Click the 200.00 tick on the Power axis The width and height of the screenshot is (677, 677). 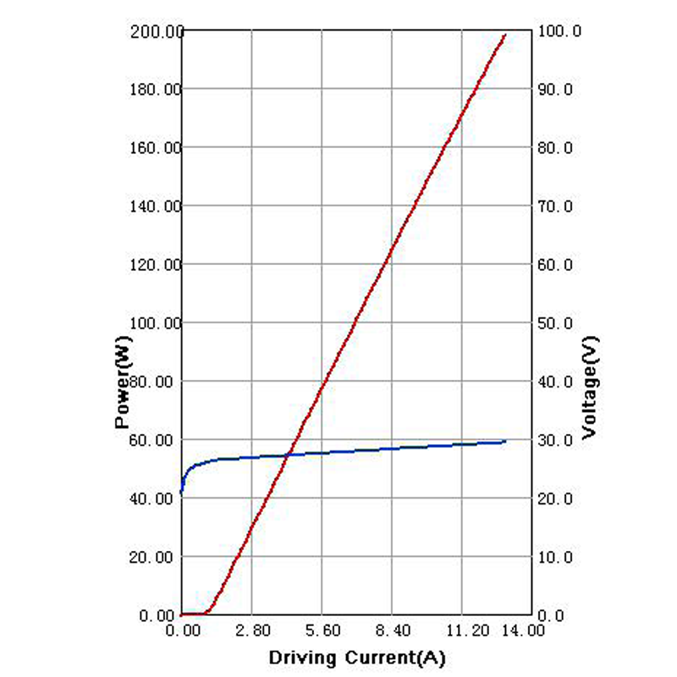pos(157,31)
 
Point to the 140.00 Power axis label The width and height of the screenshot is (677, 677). pos(157,206)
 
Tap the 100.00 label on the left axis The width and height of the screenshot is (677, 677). pos(157,323)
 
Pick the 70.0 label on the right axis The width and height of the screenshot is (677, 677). pos(556,206)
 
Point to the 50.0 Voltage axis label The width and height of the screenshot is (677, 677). pos(556,323)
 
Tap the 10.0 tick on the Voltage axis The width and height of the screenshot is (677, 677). pos(556,557)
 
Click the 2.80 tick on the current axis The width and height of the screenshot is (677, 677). pos(252,630)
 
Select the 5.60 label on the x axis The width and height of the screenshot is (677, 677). pos(322,630)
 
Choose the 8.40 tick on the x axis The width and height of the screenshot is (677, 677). pos(392,630)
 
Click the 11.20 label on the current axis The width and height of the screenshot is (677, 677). pos(462,630)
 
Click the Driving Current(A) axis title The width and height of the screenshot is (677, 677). pos(356,658)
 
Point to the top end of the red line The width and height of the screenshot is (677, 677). pos(505,35)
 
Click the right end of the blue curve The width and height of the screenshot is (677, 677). pos(505,441)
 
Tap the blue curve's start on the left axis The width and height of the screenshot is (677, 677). pos(182,492)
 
